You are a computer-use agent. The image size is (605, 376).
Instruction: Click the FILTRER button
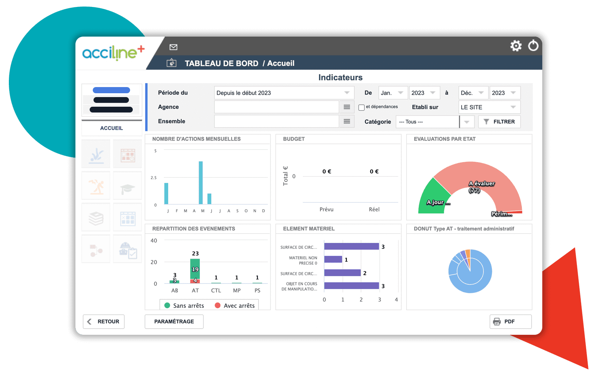(x=499, y=122)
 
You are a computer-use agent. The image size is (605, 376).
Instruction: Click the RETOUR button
(x=104, y=322)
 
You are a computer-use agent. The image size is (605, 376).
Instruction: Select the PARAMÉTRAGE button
(x=174, y=322)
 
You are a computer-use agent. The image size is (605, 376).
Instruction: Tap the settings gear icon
(x=516, y=46)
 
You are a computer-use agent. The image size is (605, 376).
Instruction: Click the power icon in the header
(x=533, y=46)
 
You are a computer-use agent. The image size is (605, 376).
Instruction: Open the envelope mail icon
(x=174, y=47)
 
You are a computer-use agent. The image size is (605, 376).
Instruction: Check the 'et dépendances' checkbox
(x=361, y=107)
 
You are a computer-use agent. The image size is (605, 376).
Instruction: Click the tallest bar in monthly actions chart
(x=201, y=183)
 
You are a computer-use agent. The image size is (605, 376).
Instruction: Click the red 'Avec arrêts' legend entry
(x=234, y=305)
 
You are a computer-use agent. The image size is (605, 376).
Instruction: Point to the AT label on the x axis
(x=195, y=290)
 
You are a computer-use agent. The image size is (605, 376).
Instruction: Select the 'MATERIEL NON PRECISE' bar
(x=333, y=260)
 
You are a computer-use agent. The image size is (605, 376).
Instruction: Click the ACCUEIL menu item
(x=112, y=128)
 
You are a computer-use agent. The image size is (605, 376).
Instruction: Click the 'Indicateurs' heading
(x=340, y=77)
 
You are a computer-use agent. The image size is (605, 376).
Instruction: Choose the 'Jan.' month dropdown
(x=393, y=93)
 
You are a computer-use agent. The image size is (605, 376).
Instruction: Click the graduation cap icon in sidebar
(x=127, y=188)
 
